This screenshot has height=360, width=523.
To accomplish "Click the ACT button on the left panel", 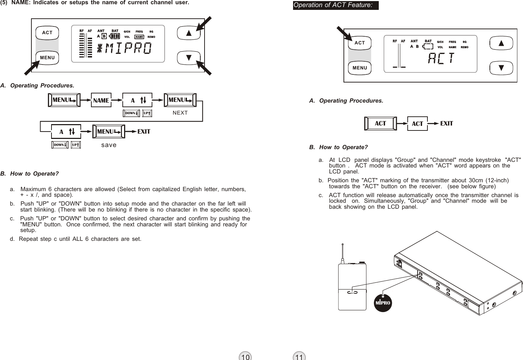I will coord(47,32).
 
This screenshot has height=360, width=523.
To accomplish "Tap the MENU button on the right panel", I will coord(360,68).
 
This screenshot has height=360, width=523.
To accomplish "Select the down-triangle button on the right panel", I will coord(501,68).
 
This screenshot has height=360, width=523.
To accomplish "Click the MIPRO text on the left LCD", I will coord(125,49).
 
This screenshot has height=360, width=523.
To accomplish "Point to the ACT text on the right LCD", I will coord(441,59).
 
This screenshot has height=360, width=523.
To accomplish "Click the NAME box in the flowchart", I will coord(101,100).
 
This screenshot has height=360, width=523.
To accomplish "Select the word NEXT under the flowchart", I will coord(180,113).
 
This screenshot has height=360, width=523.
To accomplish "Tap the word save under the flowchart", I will coord(109,145).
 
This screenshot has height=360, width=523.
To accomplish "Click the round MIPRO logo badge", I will coord(383,303).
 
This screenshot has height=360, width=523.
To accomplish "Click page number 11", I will coord(299,357).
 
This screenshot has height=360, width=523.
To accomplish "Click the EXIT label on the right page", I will coord(446,123).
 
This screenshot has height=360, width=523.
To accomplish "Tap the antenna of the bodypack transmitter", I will coord(342,252).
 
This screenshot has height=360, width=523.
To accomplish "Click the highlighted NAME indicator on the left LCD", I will coord(139,37).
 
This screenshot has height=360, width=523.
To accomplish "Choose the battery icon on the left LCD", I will coord(115,36).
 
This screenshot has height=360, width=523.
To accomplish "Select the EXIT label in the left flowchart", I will coord(144,132).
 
